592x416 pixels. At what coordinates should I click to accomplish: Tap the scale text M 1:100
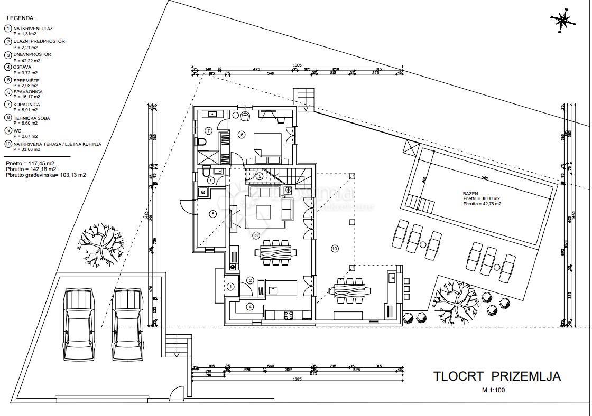click(x=494, y=391)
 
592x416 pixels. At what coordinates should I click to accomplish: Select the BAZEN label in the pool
click(x=470, y=194)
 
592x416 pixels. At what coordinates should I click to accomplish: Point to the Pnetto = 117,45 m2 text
click(x=30, y=164)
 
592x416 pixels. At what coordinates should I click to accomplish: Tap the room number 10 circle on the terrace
click(x=334, y=248)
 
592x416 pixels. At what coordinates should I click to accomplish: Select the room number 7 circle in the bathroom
click(x=208, y=130)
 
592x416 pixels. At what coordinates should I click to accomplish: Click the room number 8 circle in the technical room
click(x=212, y=214)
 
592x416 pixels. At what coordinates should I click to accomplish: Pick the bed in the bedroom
click(x=269, y=147)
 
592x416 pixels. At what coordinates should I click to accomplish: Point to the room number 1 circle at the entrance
click(x=230, y=286)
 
